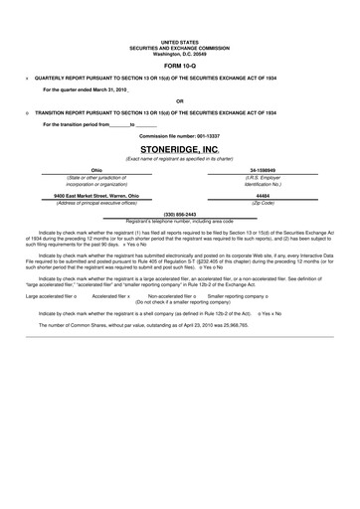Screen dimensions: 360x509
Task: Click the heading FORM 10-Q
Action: [x=179, y=65]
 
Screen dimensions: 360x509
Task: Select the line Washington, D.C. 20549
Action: [x=179, y=53]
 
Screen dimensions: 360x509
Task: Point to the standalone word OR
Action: [x=179, y=100]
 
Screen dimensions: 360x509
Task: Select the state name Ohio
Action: [x=96, y=170]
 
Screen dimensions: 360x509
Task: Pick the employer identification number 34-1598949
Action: [x=264, y=170]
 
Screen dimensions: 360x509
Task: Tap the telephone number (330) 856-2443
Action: [x=179, y=214]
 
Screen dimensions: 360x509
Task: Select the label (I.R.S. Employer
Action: [x=264, y=177]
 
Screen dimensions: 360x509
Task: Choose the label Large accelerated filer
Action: [x=50, y=296]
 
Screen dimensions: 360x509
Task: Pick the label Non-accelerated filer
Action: [x=170, y=296]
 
